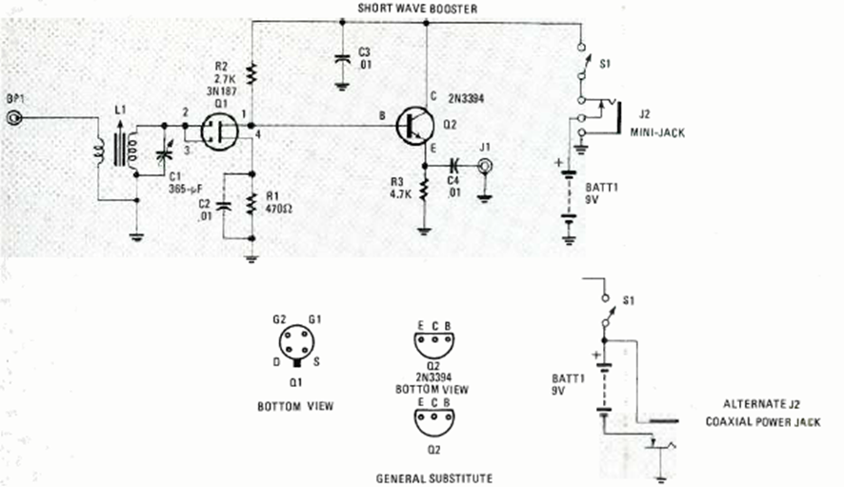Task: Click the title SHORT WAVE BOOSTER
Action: (x=417, y=8)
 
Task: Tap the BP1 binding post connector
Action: (x=14, y=118)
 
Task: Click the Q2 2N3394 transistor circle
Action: (x=416, y=126)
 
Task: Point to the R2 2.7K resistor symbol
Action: (x=251, y=73)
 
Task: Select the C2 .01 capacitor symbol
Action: (x=225, y=205)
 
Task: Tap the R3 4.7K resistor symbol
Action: (x=424, y=186)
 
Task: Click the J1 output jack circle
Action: (x=485, y=165)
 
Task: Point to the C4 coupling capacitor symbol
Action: (x=454, y=164)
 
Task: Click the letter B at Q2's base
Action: (x=384, y=115)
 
